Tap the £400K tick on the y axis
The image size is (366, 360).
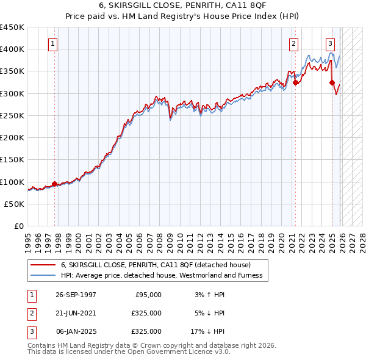(12, 49)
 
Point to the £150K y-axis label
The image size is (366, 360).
(12, 160)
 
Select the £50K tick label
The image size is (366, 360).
(15, 204)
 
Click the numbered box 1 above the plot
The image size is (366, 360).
(53, 43)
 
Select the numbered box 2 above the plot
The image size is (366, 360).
(293, 43)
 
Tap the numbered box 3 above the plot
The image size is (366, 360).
(330, 43)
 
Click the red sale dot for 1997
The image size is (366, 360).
(55, 184)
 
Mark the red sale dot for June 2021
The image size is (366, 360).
(296, 82)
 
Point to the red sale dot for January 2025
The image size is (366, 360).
(332, 82)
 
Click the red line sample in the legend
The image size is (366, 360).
(43, 265)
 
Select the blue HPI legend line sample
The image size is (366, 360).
(43, 275)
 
